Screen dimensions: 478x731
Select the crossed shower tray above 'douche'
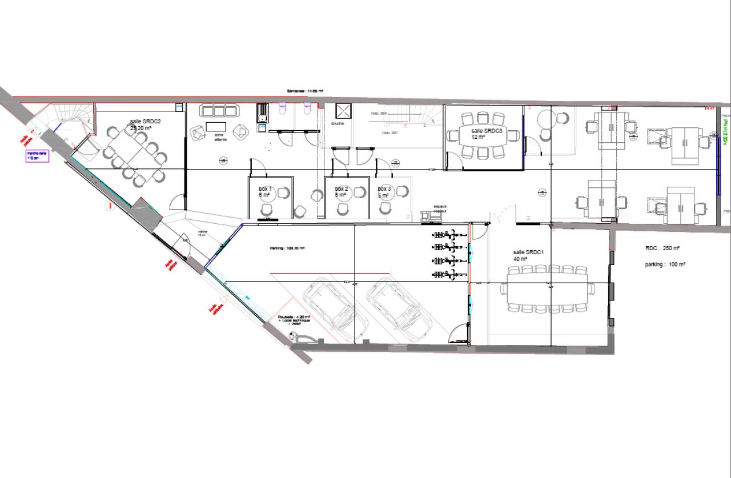[x=342, y=111]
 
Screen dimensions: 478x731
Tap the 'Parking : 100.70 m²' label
[x=288, y=248]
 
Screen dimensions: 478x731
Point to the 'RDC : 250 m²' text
[x=662, y=248]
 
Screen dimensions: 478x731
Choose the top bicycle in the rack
[x=448, y=234]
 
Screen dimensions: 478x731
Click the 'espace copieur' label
[x=439, y=209]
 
